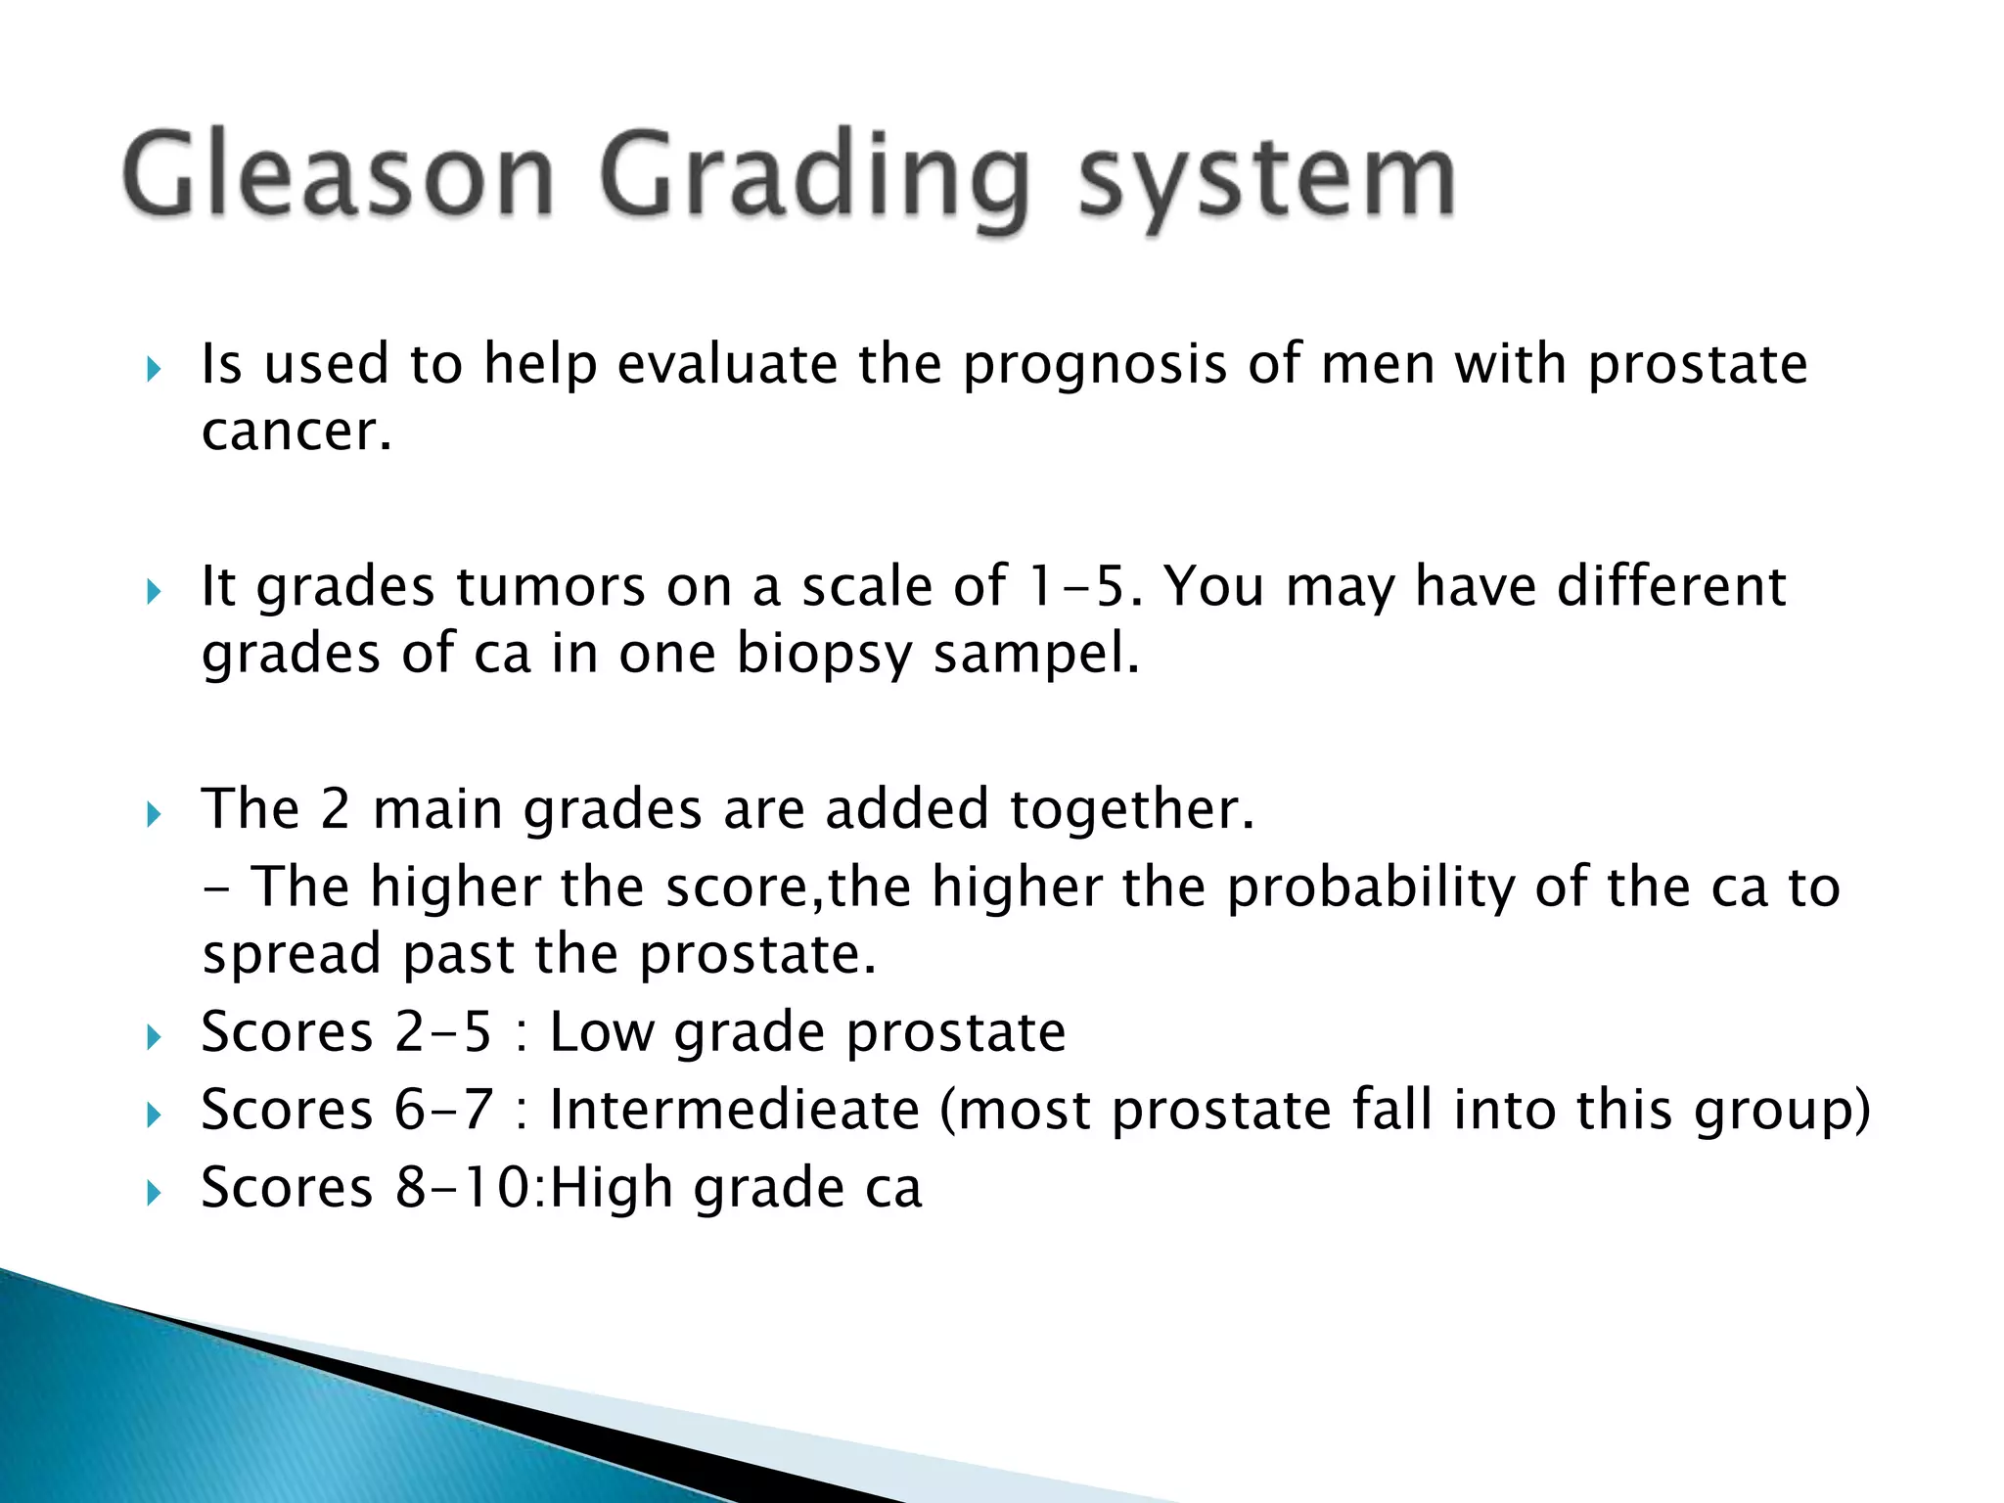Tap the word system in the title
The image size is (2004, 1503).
pos(1267,181)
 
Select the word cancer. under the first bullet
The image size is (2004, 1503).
pos(296,432)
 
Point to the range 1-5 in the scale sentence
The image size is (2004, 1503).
pos(1082,586)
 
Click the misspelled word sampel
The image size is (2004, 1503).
pos(1036,654)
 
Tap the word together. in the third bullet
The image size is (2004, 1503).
pos(1131,810)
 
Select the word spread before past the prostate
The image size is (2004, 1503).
pos(292,955)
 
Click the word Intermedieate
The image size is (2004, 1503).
pos(735,1111)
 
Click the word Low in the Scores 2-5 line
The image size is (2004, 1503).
pos(601,1032)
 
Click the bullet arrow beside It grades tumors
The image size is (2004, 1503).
pos(153,591)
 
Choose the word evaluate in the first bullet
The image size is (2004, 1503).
pos(727,365)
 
